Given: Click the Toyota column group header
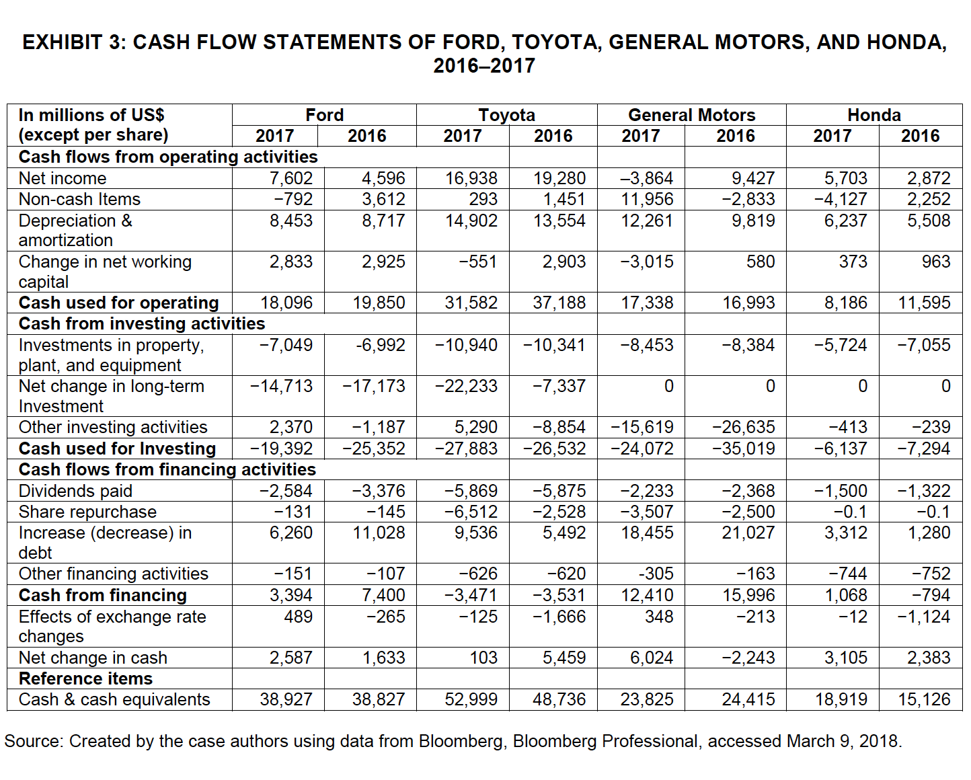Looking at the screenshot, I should [506, 115].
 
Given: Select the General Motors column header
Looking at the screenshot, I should [691, 115].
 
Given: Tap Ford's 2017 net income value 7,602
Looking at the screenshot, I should [291, 178].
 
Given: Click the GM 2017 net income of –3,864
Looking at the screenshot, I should [646, 178].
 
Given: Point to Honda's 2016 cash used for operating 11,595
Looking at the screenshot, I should [924, 303].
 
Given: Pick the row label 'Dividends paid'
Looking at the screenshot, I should [75, 491].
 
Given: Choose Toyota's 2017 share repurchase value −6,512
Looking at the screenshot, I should [471, 512].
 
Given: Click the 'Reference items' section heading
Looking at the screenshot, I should [85, 678].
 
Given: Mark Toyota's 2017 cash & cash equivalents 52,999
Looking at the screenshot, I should [471, 699].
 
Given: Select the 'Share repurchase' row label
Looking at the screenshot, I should [87, 512].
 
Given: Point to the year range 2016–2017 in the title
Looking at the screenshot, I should [484, 66].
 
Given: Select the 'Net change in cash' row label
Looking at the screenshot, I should [93, 658].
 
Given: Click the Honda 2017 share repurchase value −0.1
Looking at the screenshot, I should [850, 512].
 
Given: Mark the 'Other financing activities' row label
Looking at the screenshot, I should [114, 574].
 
